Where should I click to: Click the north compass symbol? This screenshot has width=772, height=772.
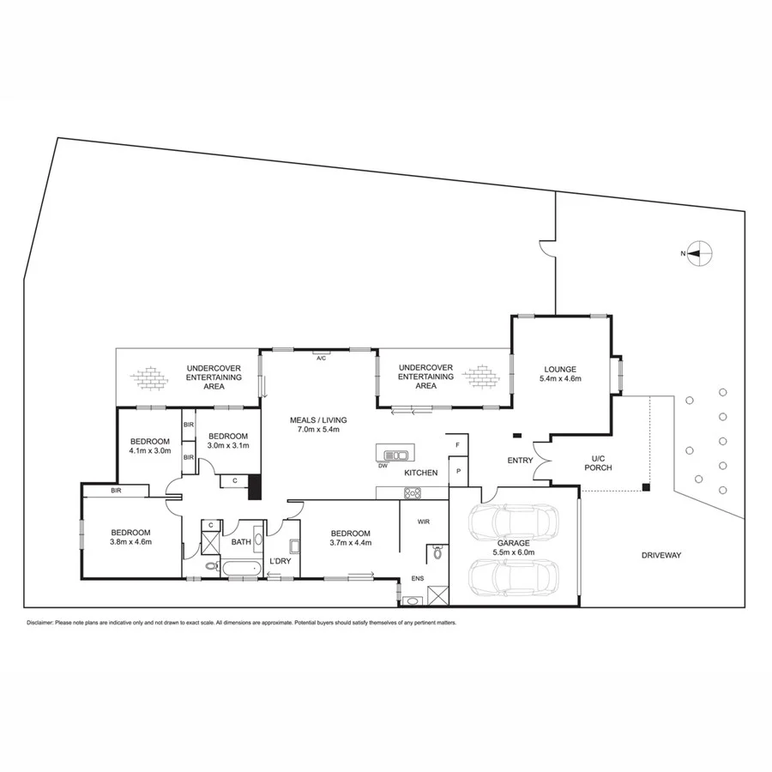pos(700,253)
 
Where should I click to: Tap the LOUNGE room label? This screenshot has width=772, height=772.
pos(560,369)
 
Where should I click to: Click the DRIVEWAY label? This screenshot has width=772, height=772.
pos(660,555)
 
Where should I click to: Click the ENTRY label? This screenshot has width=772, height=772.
pos(520,461)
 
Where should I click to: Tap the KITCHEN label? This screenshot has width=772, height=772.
pos(421,473)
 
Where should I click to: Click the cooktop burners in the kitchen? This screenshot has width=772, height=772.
pos(413,492)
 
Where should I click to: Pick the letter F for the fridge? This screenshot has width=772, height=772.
pos(458,446)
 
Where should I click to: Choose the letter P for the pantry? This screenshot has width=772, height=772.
pos(458,471)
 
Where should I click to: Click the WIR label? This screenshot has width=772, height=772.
pos(423,521)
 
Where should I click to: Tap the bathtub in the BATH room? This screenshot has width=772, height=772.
pos(243,568)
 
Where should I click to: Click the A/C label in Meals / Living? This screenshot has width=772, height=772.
pos(322,357)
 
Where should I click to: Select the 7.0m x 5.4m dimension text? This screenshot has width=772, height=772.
pos(318,429)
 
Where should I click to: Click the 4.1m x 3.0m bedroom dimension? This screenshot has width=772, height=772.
pos(150,450)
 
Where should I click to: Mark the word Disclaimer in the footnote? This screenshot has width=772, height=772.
pos(40,622)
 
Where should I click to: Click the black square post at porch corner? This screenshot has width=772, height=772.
pos(648,488)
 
